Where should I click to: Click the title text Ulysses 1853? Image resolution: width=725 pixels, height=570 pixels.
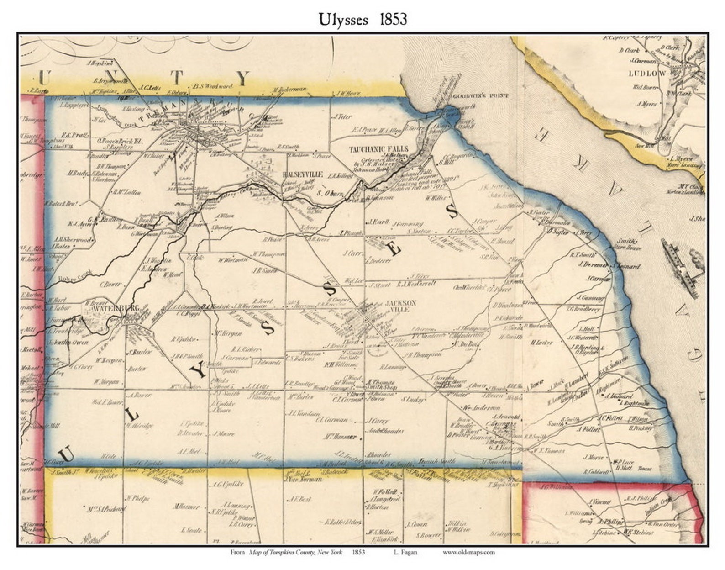[x=362, y=19]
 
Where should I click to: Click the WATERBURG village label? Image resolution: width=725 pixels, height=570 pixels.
[x=109, y=309]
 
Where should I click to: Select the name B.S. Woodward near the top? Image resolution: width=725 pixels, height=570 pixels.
[x=213, y=85]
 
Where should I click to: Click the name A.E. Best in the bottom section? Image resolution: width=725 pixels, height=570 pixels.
[x=299, y=499]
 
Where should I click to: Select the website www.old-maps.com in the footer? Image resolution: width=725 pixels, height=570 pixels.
[x=468, y=552]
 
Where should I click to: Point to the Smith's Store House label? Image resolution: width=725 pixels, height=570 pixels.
[x=629, y=244]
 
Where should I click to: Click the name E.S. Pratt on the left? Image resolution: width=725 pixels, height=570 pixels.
[x=72, y=135]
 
